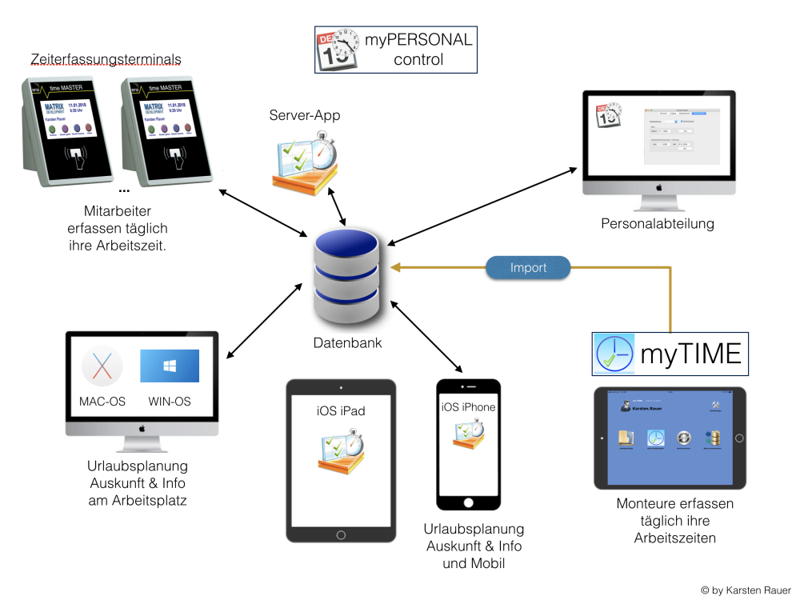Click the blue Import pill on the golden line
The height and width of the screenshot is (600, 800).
528,268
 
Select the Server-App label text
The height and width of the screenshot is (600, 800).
305,116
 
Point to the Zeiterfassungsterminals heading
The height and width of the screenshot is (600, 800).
106,59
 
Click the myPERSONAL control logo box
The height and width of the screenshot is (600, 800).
395,50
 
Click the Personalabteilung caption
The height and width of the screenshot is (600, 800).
658,224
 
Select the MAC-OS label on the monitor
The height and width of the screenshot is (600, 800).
102,402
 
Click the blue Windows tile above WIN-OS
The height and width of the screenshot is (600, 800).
170,366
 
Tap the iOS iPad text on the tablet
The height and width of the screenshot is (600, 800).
341,410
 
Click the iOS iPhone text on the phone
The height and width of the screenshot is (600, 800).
468,407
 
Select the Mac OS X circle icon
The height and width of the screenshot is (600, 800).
102,366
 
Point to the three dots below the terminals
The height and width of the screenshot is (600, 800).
124,192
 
